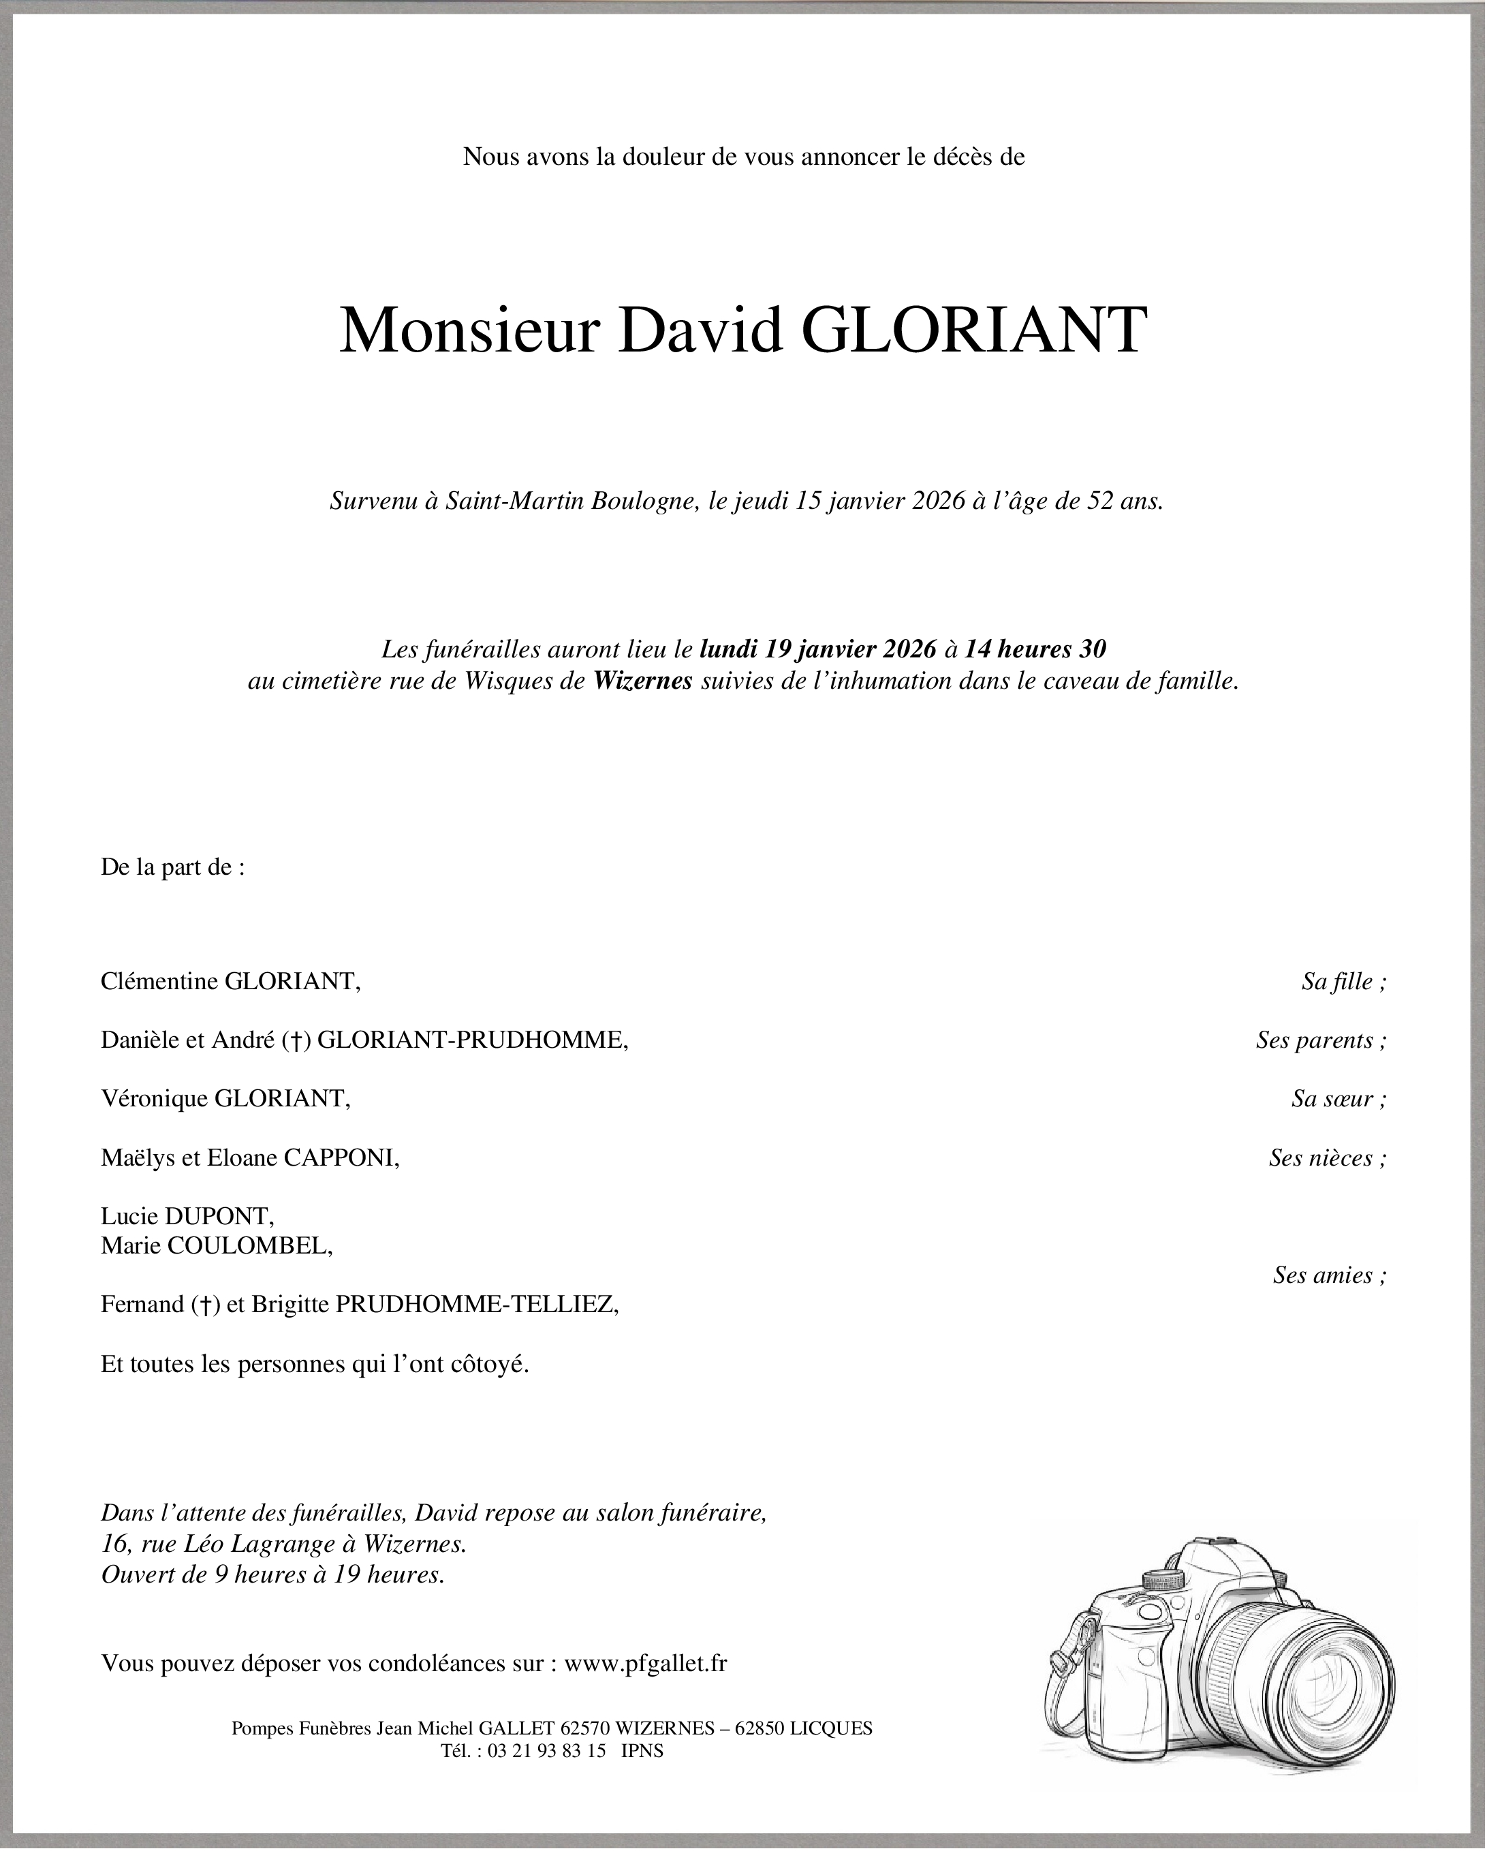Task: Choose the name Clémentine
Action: (159, 981)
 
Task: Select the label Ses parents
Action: (1319, 1040)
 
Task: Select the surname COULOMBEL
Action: (250, 1246)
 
